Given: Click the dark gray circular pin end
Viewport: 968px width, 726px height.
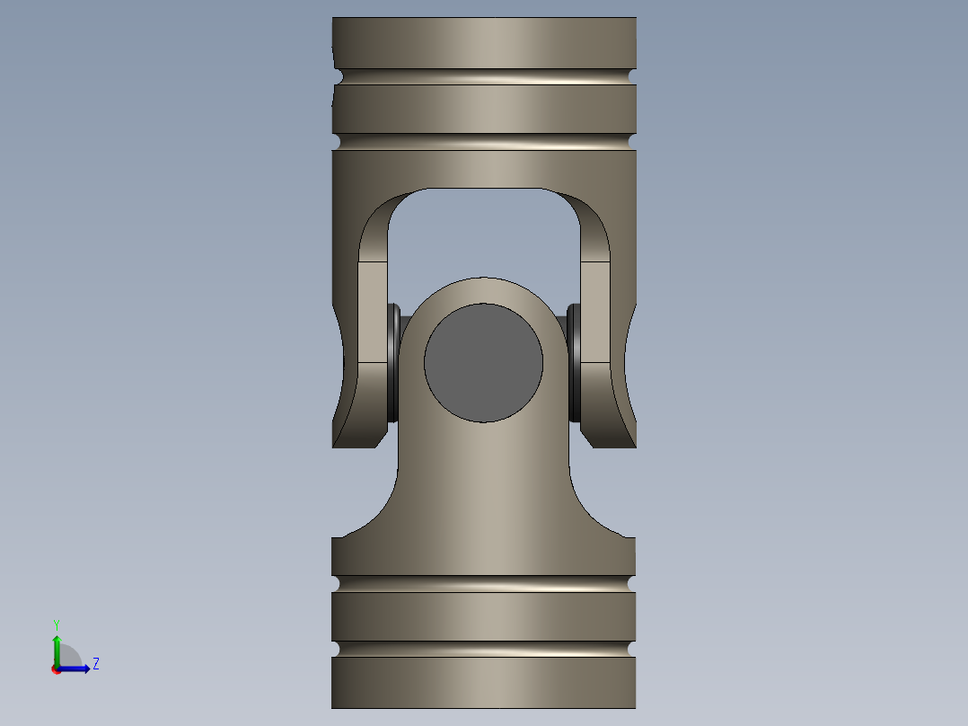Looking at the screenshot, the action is (x=483, y=363).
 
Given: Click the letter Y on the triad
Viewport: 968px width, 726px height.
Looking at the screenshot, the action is (x=57, y=624).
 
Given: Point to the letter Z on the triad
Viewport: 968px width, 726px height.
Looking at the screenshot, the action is (x=96, y=664).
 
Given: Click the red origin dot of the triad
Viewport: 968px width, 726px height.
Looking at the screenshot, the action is (x=56, y=669).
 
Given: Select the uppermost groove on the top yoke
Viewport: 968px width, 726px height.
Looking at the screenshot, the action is (x=484, y=76).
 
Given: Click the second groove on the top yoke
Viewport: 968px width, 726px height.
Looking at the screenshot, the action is (x=484, y=141).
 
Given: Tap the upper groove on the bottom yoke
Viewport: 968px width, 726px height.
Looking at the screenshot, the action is (x=483, y=584).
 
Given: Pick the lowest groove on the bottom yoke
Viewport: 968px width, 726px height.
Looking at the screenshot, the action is (x=483, y=649).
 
